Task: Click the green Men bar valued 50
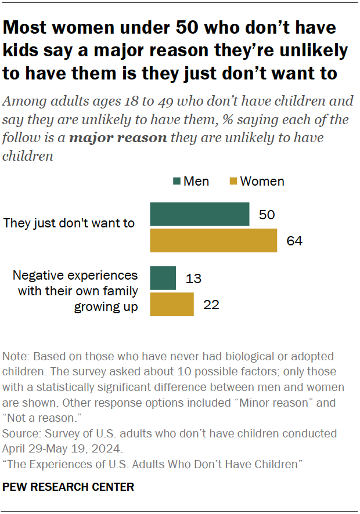[200, 214]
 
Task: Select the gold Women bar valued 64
[213, 241]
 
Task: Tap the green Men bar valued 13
[163, 278]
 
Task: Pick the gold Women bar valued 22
[172, 305]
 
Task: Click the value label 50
[267, 215]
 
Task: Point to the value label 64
[294, 241]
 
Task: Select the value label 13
[193, 278]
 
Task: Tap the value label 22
[211, 305]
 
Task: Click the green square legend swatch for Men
[177, 182]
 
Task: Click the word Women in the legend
[262, 182]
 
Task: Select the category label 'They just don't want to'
[69, 223]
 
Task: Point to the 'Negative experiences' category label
[75, 275]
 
